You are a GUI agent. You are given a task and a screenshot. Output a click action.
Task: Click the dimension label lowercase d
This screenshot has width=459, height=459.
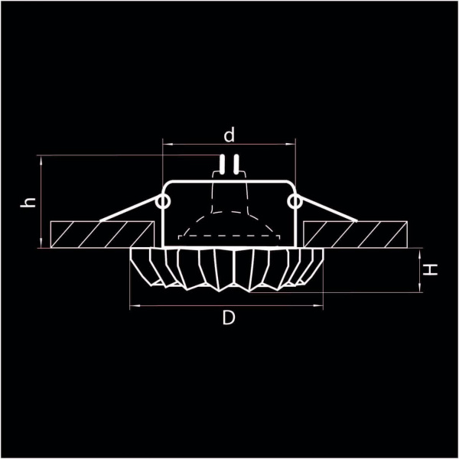click(229, 135)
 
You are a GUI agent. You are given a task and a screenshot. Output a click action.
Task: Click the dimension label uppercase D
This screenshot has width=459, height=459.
click(229, 318)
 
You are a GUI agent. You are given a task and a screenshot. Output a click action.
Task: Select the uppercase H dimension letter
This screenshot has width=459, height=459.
click(432, 269)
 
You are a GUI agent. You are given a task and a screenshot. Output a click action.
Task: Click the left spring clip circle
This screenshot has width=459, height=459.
click(162, 201)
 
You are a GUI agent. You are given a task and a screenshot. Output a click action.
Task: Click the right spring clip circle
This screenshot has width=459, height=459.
click(295, 201)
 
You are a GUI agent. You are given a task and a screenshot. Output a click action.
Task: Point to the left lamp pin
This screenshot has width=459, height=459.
click(222, 163)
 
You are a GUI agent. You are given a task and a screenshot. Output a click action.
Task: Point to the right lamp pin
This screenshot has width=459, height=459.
click(236, 163)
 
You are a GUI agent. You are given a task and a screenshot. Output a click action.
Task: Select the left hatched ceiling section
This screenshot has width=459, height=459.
click(99, 233)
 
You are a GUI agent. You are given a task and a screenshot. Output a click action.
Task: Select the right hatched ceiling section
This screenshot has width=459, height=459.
click(356, 233)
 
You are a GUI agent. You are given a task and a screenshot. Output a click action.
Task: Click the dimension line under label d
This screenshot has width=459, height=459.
click(229, 144)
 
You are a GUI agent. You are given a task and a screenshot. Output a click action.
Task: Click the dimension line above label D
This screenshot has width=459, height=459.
click(229, 305)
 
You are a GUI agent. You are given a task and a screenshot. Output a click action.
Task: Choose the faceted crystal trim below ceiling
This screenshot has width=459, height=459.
click(229, 267)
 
